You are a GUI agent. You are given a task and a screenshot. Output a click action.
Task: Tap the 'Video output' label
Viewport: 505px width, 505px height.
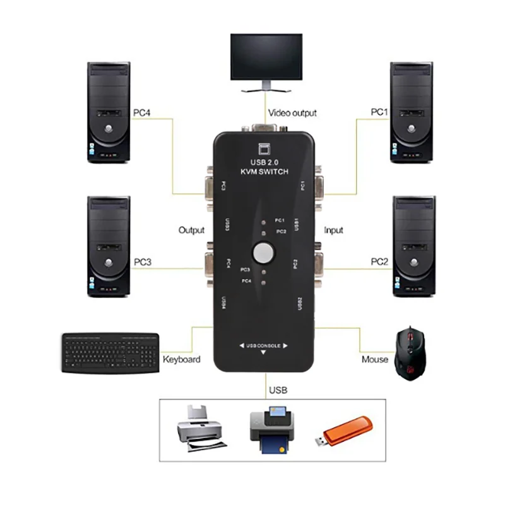[293, 113]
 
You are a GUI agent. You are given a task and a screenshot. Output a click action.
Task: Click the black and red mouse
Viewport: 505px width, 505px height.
[410, 354]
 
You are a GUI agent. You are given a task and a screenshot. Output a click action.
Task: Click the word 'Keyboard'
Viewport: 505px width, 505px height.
[182, 359]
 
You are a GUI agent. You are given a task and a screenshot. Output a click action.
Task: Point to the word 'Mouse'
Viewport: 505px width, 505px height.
[375, 359]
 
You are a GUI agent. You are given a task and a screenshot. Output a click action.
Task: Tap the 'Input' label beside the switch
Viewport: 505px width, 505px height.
[333, 230]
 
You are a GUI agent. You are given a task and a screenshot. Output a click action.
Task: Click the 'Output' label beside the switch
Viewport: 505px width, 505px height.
[192, 230]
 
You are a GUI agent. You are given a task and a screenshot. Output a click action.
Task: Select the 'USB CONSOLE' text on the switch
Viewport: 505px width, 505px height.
[263, 345]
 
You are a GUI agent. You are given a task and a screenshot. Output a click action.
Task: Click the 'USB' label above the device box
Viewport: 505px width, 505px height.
[278, 390]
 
